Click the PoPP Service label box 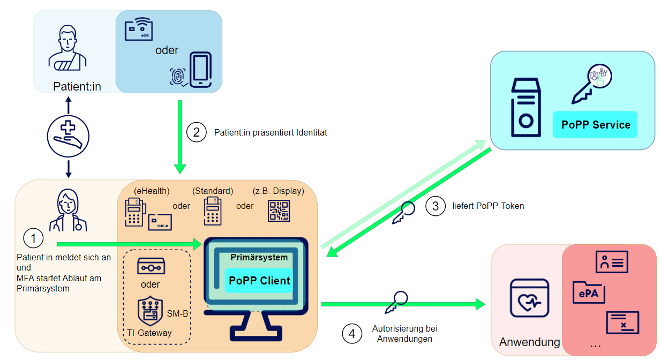(595, 125)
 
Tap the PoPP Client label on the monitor (259, 280)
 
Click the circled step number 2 (196, 132)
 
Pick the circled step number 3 (435, 206)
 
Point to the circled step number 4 (351, 334)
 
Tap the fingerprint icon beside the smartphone (178, 77)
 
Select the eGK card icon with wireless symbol (139, 29)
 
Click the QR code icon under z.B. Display (279, 211)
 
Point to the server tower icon (526, 108)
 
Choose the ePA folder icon (589, 292)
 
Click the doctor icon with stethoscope (68, 211)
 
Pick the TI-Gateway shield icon (150, 312)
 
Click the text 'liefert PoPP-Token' (488, 206)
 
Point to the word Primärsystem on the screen (259, 257)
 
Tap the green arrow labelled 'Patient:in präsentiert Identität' (181, 137)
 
